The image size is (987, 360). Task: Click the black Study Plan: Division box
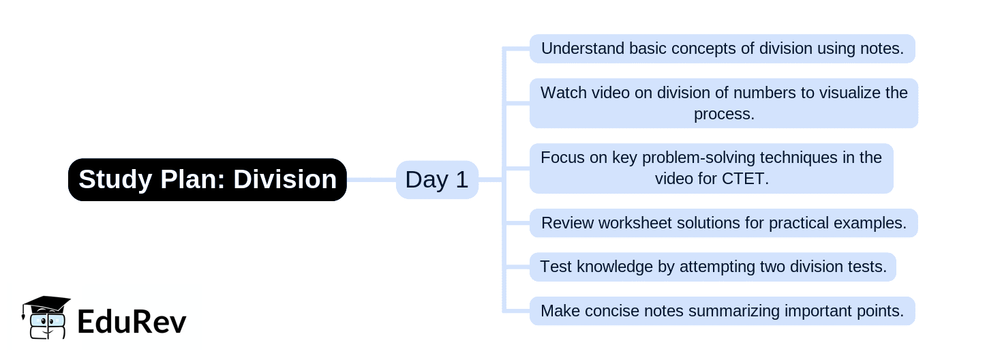click(x=207, y=180)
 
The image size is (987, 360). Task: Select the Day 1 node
click(x=437, y=180)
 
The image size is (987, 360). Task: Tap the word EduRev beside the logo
click(x=132, y=321)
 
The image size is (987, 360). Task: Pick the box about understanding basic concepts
click(x=722, y=49)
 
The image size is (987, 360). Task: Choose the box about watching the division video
click(x=723, y=103)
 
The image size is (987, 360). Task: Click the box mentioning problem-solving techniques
click(x=711, y=168)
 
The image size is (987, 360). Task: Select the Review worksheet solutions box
click(x=723, y=223)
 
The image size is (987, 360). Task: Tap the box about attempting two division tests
click(x=712, y=267)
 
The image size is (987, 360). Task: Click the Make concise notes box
click(x=722, y=311)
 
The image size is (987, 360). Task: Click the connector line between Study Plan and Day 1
click(x=371, y=180)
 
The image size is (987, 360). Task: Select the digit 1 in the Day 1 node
click(x=461, y=180)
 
